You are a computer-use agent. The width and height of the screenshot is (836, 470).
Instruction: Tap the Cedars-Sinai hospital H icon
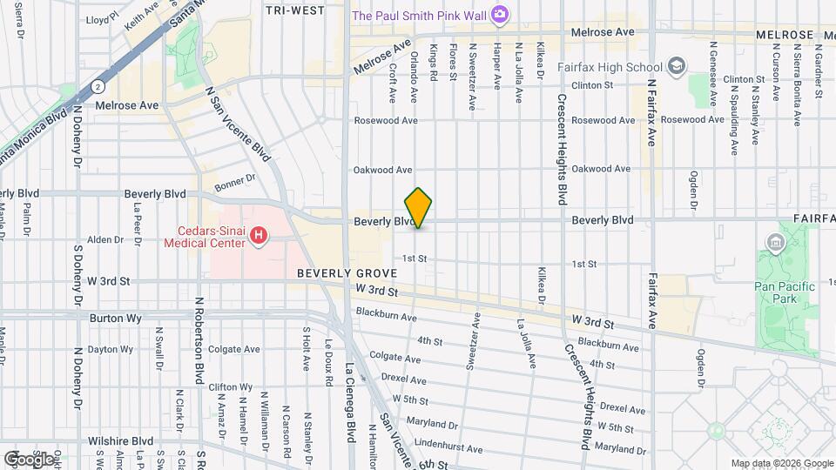click(258, 235)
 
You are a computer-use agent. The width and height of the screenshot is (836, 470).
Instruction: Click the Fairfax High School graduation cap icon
click(676, 66)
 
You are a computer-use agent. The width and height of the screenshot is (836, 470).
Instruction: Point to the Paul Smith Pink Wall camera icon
click(499, 14)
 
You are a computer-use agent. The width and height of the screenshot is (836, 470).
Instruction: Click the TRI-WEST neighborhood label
click(294, 10)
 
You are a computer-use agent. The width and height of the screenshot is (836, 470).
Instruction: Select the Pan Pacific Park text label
click(785, 292)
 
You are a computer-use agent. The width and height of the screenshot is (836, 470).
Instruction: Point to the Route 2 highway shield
click(98, 87)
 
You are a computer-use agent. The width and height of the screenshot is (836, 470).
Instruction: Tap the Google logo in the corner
click(29, 459)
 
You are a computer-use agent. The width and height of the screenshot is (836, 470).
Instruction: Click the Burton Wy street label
click(115, 319)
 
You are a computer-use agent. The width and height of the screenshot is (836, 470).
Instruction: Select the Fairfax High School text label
click(620, 66)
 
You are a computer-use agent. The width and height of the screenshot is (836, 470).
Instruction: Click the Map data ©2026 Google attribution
click(782, 463)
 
